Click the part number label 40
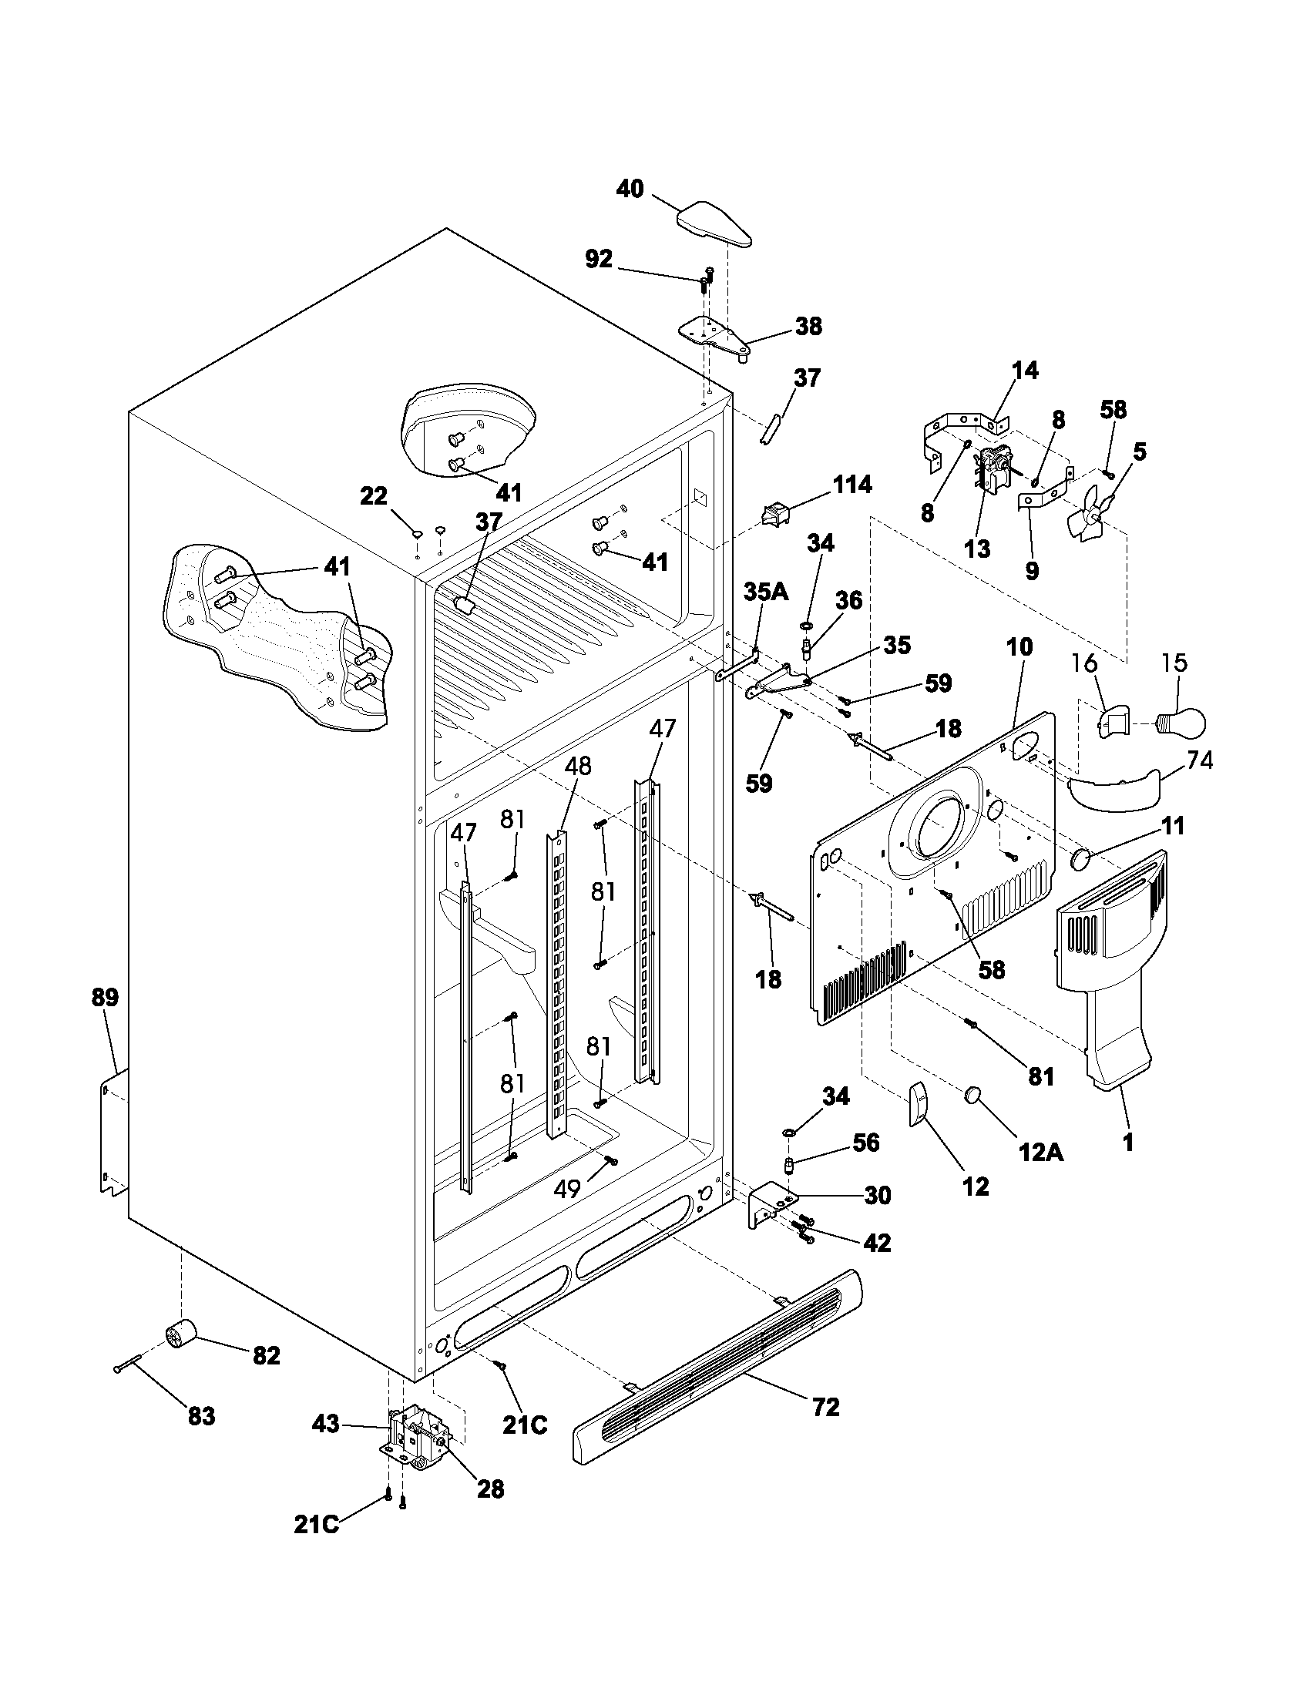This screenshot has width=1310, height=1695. tap(630, 189)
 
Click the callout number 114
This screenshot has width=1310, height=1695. tap(852, 485)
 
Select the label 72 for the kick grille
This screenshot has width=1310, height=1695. tap(826, 1406)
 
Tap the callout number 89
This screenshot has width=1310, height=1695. tap(105, 997)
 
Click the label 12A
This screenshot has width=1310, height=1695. tap(1041, 1153)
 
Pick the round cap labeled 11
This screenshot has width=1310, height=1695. tap(1081, 859)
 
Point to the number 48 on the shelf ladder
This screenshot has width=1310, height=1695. tap(578, 766)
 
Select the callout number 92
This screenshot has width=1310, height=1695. tap(598, 259)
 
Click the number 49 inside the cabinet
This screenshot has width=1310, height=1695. tap(568, 1188)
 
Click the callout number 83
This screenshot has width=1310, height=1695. tap(201, 1416)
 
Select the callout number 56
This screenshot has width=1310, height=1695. tap(866, 1143)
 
